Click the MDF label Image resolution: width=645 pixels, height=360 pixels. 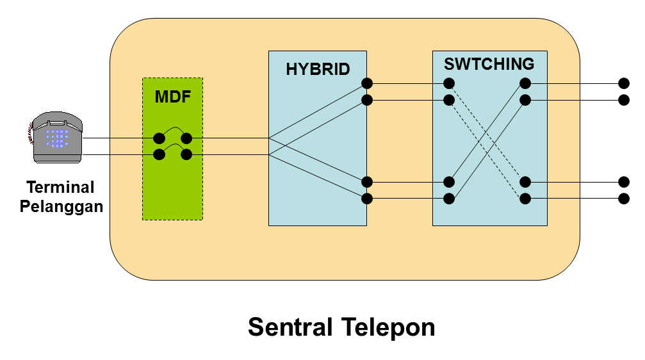tap(172, 97)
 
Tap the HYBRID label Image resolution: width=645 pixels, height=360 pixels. tap(318, 69)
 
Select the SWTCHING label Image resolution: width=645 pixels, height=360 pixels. tap(489, 64)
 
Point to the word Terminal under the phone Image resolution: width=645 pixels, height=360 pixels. tap(60, 188)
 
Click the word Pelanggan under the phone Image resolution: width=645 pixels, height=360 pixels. tap(61, 207)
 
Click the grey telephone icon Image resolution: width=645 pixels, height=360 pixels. tap(57, 137)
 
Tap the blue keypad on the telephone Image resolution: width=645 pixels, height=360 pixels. tap(57, 138)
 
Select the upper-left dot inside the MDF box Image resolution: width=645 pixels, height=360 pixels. tap(159, 138)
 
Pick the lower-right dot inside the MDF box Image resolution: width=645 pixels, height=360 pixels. tap(186, 154)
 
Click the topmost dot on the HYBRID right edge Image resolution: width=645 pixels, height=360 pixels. tap(367, 83)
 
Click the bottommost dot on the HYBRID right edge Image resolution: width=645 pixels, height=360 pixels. tap(367, 199)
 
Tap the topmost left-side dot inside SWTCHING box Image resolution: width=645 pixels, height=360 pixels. tap(449, 83)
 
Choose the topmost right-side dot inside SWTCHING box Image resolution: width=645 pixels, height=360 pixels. tap(525, 83)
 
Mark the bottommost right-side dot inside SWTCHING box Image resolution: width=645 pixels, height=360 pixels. tap(525, 199)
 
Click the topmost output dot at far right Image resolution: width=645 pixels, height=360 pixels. tap(623, 83)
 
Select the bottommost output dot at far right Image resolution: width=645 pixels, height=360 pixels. tap(623, 199)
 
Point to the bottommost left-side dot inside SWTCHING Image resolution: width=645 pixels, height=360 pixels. tap(449, 199)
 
